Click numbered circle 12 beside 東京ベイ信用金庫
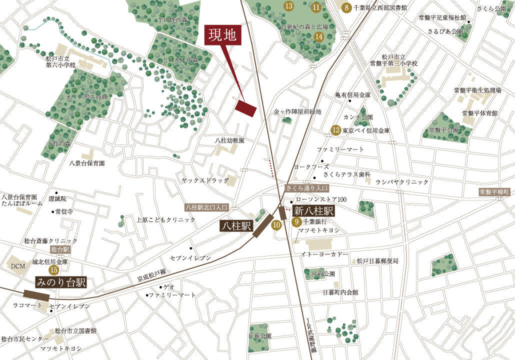tap(336, 131)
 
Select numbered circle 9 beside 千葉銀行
tap(296, 221)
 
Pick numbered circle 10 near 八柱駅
tap(276, 225)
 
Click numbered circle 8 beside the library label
tap(346, 7)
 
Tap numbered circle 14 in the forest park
tap(318, 36)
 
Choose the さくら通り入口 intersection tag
tap(307, 188)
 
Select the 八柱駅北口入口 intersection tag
tap(206, 206)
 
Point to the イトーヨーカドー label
tap(324, 254)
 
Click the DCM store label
tap(17, 266)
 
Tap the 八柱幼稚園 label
tap(229, 141)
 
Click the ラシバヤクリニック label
tap(402, 182)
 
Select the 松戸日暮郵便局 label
tap(376, 261)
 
